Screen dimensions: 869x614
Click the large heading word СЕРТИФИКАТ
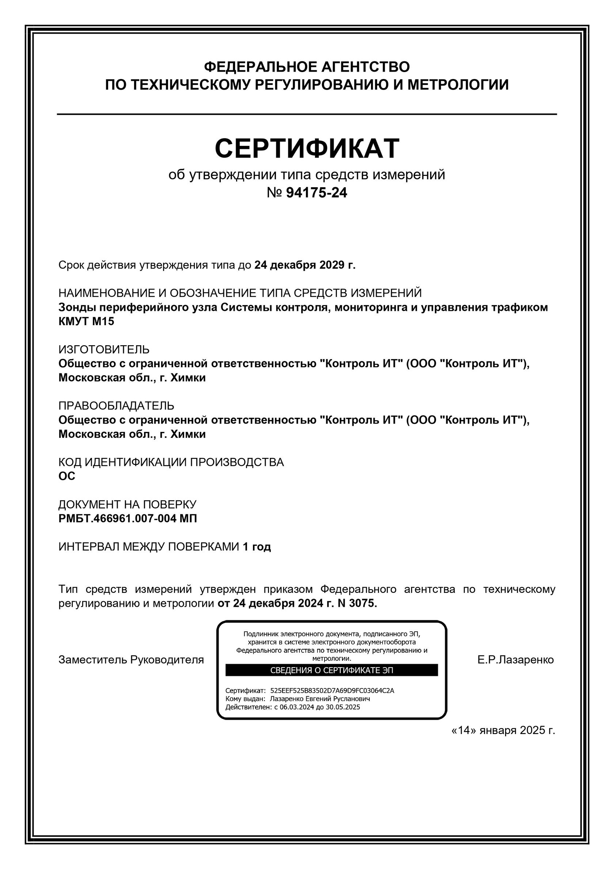tap(307, 148)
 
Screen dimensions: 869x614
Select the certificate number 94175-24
tap(316, 193)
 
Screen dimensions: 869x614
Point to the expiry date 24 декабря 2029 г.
tap(305, 265)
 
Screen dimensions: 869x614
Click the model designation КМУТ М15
tap(86, 321)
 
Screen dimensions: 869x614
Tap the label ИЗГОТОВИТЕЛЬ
tap(104, 349)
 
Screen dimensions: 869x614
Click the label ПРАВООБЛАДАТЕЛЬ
tap(116, 405)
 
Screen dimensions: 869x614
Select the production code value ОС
tap(67, 476)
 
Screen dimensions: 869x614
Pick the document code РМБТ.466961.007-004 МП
tap(128, 518)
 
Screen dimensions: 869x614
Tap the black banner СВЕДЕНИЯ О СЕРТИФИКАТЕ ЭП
tap(331, 670)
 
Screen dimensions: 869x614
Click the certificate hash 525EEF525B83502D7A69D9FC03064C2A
tap(332, 691)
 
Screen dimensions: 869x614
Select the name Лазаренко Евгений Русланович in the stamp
tap(320, 699)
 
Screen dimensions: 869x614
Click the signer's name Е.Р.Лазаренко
tap(515, 660)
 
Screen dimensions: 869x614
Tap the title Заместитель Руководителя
tap(131, 660)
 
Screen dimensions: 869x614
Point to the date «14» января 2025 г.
tap(503, 730)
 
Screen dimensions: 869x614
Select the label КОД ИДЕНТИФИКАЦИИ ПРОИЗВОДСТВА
tap(171, 462)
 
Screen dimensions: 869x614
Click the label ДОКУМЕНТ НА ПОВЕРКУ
tap(128, 504)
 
